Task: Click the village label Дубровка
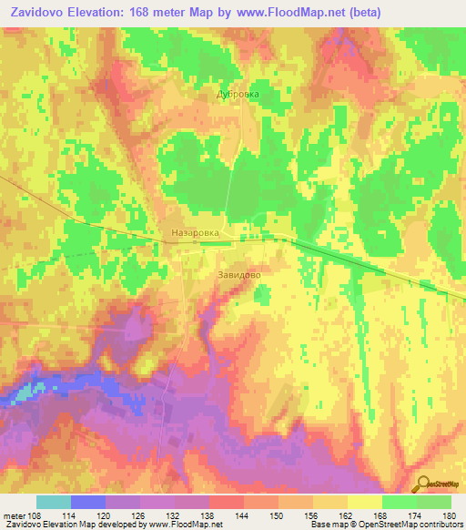click(x=238, y=94)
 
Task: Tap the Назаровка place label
click(x=195, y=233)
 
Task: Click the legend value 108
click(x=35, y=515)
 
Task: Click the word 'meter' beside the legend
click(x=14, y=515)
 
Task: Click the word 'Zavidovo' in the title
click(x=36, y=12)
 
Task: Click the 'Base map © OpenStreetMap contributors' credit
click(x=382, y=525)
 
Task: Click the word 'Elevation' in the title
click(x=99, y=12)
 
